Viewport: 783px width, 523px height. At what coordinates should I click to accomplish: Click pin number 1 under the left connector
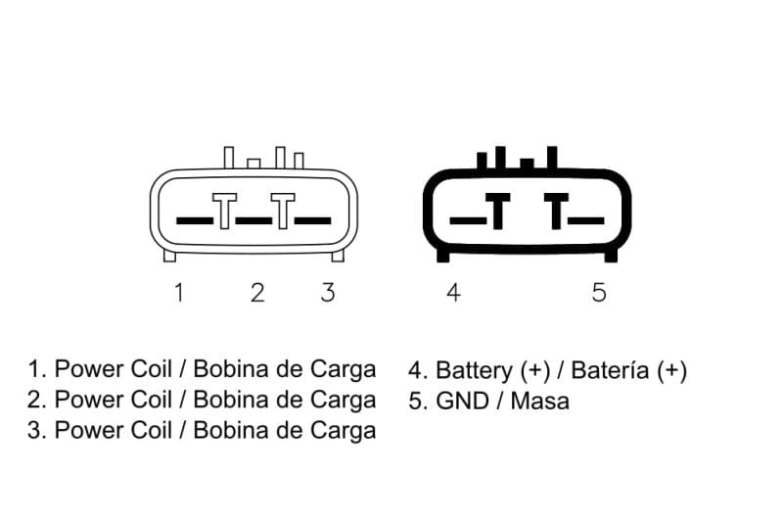179,292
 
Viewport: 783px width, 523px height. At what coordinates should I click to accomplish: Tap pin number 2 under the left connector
257,293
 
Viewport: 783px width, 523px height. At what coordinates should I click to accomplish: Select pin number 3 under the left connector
328,293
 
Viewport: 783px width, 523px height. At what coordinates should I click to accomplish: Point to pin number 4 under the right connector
453,293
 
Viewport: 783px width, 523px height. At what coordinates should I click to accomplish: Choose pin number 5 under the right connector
599,293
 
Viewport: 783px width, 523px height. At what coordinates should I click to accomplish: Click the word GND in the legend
462,402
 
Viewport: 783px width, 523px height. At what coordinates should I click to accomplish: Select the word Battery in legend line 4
475,371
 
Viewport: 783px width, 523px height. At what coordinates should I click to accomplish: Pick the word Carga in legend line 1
344,370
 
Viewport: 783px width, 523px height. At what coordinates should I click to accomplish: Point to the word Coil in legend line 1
152,369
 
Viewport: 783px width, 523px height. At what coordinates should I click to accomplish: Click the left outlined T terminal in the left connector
225,211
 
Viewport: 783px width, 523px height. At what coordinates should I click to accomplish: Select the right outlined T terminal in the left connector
283,211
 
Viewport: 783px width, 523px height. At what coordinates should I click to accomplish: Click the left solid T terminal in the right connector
498,211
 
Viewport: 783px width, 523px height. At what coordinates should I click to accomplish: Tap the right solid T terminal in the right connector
556,211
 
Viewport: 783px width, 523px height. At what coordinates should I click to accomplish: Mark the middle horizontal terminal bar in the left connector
253,220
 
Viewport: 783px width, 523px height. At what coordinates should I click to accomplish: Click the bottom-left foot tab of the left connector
169,256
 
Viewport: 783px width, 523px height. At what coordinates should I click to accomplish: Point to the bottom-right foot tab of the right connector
611,256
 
